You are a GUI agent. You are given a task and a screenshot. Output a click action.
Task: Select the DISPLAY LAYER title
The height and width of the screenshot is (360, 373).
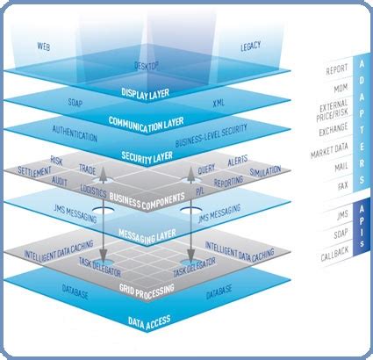pos(147,90)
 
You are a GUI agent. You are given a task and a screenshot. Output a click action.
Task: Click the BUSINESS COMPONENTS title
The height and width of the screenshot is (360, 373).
pos(147,203)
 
